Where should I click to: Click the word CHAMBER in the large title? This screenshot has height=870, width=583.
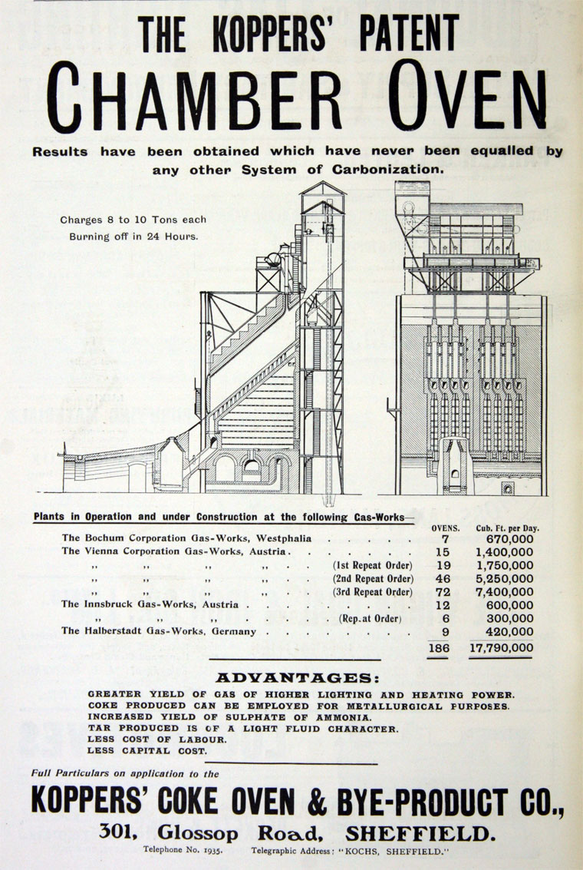[196, 99]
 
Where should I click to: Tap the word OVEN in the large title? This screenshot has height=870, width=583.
[459, 99]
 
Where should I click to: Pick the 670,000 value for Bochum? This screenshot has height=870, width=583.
[509, 539]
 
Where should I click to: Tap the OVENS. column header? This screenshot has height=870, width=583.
[446, 528]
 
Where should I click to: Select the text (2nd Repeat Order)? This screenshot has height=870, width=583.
[373, 578]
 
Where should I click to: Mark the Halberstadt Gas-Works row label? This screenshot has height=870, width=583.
[164, 632]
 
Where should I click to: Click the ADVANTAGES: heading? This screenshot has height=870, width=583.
[297, 678]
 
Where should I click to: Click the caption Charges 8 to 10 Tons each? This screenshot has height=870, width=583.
[133, 220]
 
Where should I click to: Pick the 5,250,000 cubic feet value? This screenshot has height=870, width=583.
[504, 578]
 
